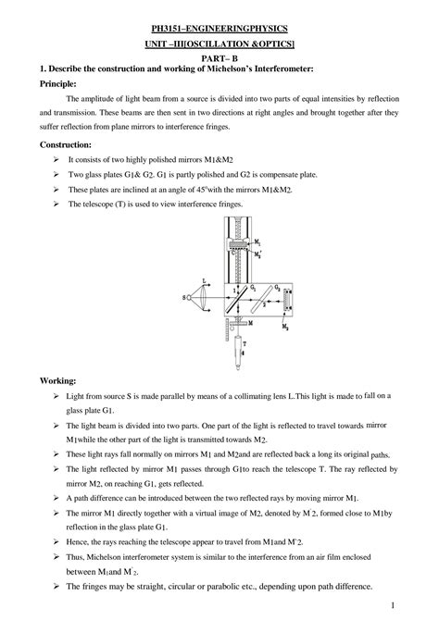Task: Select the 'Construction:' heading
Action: tap(66, 146)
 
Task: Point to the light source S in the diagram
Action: tap(184, 298)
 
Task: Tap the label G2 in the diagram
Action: tap(276, 288)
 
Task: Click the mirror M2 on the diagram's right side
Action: tap(295, 298)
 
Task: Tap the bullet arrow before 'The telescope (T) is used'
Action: tap(57, 205)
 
